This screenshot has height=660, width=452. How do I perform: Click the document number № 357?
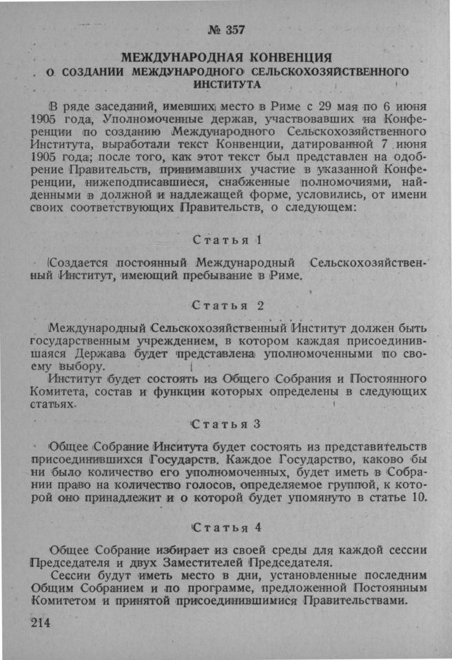225,30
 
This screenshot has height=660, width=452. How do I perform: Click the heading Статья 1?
225,240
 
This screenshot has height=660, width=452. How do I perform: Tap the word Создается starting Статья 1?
81,263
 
